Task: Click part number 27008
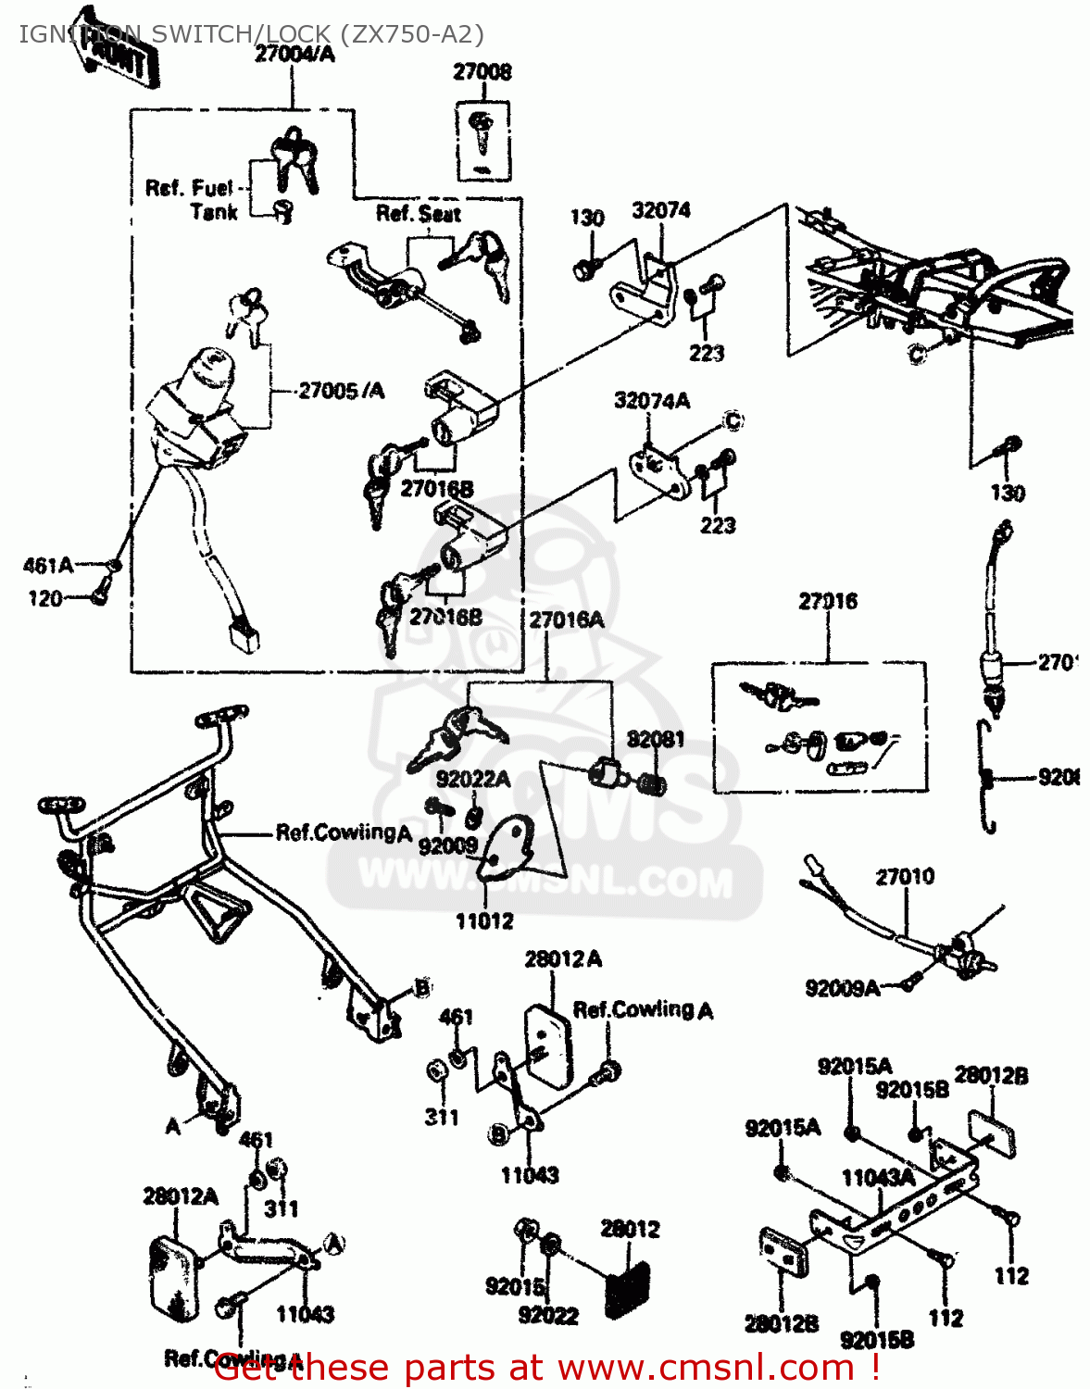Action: pyautogui.click(x=482, y=71)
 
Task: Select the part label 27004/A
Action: pyautogui.click(x=294, y=55)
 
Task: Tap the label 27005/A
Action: pyautogui.click(x=341, y=391)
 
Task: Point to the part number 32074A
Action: pyautogui.click(x=652, y=401)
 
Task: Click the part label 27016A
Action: pyautogui.click(x=566, y=619)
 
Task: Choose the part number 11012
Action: pyautogui.click(x=484, y=921)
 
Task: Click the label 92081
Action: pyautogui.click(x=656, y=739)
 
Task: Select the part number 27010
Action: pyautogui.click(x=905, y=876)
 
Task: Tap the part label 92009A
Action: pyautogui.click(x=842, y=988)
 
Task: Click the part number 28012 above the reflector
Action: pyautogui.click(x=630, y=1229)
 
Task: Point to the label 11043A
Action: pyautogui.click(x=878, y=1177)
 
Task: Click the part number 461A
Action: pyautogui.click(x=48, y=565)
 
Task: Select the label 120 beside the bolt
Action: pyautogui.click(x=45, y=598)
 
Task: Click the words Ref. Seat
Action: pyautogui.click(x=418, y=214)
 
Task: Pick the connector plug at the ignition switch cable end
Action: pyautogui.click(x=243, y=636)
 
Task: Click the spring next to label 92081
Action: pyautogui.click(x=653, y=785)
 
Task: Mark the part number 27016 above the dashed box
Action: pyautogui.click(x=828, y=601)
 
